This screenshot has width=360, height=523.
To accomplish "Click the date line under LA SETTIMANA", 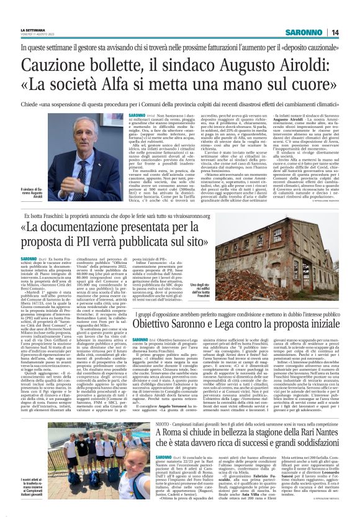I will [x=38, y=35].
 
